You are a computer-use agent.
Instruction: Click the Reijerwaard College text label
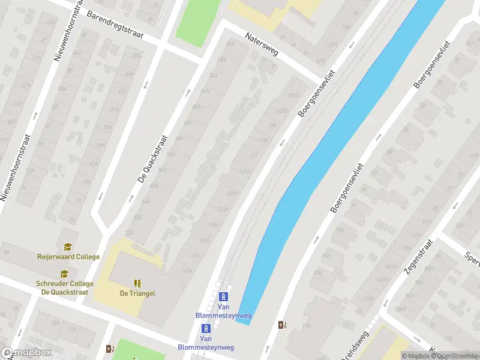68,257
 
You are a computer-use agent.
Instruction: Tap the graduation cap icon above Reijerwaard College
68,247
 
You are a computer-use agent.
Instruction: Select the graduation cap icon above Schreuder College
64,274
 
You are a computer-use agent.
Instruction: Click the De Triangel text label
138,293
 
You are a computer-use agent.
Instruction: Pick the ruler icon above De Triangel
138,283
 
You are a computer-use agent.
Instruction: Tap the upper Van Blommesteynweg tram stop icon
223,296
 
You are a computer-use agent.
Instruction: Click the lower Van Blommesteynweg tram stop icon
206,328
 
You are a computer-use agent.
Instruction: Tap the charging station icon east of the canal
282,325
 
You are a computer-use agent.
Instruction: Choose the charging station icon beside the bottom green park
109,348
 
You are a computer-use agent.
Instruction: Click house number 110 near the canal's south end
306,326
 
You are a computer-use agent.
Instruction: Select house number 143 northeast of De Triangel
195,256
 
